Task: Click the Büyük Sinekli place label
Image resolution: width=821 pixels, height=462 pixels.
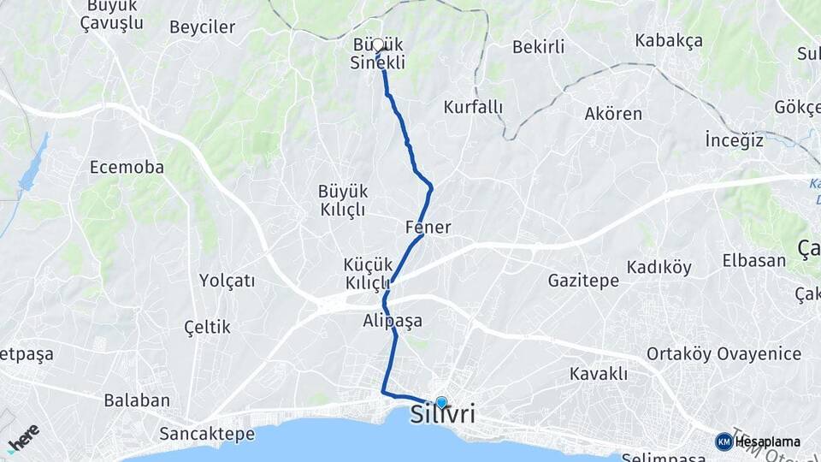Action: pyautogui.click(x=378, y=53)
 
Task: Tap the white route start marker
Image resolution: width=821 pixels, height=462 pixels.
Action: pyautogui.click(x=378, y=44)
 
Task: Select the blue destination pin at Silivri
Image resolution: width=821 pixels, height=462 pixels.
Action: pyautogui.click(x=441, y=402)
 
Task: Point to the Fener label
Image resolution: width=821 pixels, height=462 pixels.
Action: pyautogui.click(x=428, y=228)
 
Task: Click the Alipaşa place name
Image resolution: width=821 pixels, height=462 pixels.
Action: pyautogui.click(x=393, y=321)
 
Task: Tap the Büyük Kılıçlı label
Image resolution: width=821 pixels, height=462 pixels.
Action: pyautogui.click(x=342, y=200)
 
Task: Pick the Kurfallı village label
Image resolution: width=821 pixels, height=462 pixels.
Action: pyautogui.click(x=473, y=108)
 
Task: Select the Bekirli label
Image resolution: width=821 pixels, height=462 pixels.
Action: pyautogui.click(x=538, y=47)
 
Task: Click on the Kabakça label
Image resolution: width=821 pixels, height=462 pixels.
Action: pyautogui.click(x=669, y=40)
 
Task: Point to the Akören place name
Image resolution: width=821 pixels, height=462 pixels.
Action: pyautogui.click(x=613, y=114)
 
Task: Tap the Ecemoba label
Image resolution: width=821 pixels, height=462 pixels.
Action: pyautogui.click(x=127, y=168)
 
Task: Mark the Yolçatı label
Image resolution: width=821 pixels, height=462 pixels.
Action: pyautogui.click(x=227, y=281)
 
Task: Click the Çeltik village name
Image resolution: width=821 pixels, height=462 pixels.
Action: pyautogui.click(x=207, y=327)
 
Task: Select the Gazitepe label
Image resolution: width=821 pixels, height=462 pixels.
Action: pyautogui.click(x=583, y=281)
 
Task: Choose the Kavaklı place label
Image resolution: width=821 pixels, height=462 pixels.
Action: pyautogui.click(x=599, y=374)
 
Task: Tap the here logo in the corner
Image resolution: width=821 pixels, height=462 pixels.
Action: pyautogui.click(x=23, y=436)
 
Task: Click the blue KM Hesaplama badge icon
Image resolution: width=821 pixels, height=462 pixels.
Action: pyautogui.click(x=724, y=441)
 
